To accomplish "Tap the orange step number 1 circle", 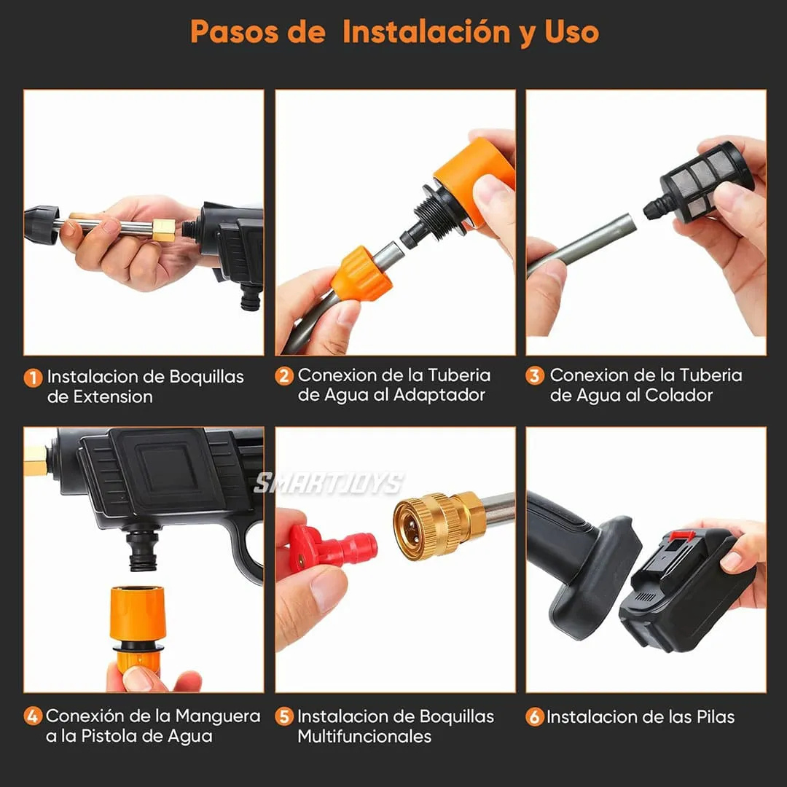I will [x=33, y=378].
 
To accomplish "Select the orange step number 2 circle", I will [x=284, y=376].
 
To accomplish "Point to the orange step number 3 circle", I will [x=536, y=376].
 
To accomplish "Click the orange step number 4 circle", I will [x=33, y=716].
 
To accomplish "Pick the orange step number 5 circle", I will [x=284, y=717].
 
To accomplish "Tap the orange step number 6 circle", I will [x=535, y=717].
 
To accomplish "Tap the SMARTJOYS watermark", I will [x=328, y=483].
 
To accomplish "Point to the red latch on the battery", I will [x=681, y=537].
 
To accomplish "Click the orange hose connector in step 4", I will [x=138, y=619].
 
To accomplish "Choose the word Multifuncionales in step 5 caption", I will [x=364, y=737].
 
